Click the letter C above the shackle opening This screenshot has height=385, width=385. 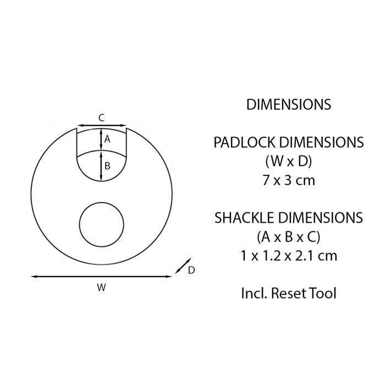tap(101, 117)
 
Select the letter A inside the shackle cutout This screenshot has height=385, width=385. tap(108, 139)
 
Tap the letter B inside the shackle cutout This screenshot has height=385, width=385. tap(108, 165)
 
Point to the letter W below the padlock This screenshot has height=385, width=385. tap(101, 287)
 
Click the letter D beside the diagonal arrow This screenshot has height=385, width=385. tap(191, 270)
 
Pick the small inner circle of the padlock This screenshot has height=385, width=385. tap(102, 224)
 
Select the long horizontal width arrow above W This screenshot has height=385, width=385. tap(101, 277)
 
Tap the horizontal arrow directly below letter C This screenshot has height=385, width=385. tap(101, 126)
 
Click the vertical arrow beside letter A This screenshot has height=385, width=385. tap(101, 139)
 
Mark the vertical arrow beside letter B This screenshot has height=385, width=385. tap(101, 166)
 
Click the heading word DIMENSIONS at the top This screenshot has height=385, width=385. tap(288, 105)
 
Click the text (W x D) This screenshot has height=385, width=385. tap(288, 161)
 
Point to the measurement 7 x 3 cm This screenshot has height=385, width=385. tap(288, 180)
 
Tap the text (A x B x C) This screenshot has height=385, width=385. tap(288, 237)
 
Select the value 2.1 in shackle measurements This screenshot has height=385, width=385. tap(306, 255)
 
